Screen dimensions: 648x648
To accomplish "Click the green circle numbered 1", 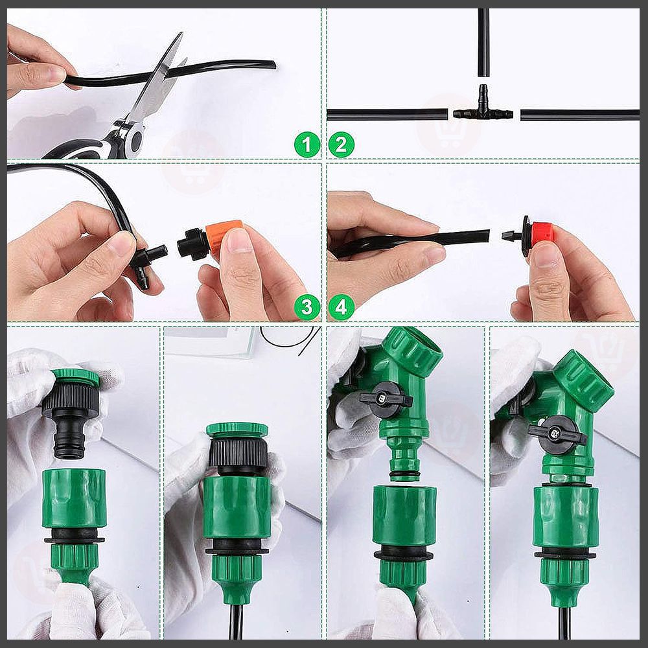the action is point(307,145).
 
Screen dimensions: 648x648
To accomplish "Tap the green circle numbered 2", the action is point(341,145).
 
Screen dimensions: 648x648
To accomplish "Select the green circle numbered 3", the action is point(307,307).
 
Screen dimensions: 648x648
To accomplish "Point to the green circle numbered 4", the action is point(341,307).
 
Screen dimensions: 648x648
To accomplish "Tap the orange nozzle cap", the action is point(223,235).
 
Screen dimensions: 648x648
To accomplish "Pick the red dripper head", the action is point(541,233).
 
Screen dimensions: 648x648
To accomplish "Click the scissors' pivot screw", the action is point(135,140).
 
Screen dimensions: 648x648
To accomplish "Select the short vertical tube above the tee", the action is point(483,42).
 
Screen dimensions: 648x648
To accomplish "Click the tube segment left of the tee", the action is point(388,115).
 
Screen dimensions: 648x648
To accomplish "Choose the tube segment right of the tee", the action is point(580,115).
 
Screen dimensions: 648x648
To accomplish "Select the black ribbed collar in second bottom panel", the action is point(238,454).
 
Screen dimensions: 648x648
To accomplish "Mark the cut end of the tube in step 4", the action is point(488,237).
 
